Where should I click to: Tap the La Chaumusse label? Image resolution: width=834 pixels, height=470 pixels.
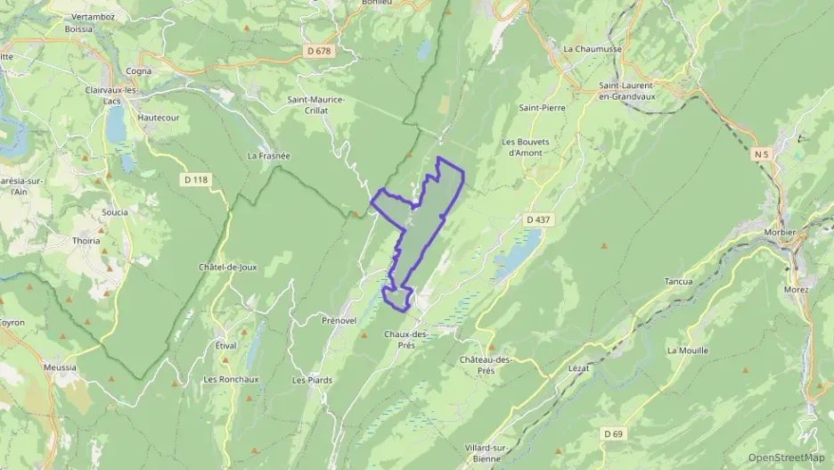[591, 49]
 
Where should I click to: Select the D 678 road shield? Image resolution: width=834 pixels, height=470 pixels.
[318, 51]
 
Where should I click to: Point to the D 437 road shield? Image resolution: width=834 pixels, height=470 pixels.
[536, 219]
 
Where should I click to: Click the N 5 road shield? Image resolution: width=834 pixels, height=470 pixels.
[760, 154]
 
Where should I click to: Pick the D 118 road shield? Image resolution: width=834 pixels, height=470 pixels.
[195, 179]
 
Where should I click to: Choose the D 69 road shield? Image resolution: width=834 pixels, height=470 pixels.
[612, 433]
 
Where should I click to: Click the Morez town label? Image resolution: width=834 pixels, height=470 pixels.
[796, 289]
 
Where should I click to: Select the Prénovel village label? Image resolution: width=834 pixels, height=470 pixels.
[339, 319]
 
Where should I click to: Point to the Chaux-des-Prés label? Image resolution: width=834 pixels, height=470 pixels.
[406, 340]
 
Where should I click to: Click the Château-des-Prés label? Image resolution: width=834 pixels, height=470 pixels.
[486, 365]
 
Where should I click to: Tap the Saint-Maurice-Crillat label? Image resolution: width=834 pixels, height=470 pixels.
[315, 104]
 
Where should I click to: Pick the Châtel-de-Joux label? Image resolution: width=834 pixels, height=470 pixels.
[228, 267]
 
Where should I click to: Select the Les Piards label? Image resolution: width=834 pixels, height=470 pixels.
[312, 380]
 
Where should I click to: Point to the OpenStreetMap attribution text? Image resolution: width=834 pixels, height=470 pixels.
[786, 458]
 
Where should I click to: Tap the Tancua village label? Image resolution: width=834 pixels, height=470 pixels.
[679, 281]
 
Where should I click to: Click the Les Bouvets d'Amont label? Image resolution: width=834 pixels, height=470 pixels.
[522, 146]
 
